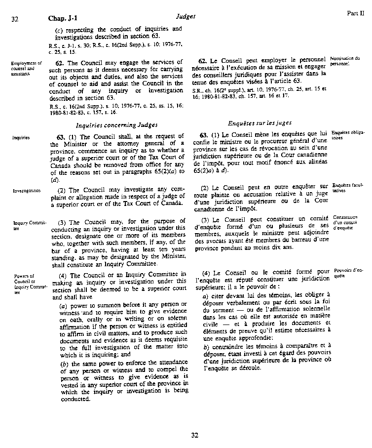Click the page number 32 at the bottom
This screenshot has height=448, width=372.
point(194,435)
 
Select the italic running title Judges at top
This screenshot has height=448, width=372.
point(186,16)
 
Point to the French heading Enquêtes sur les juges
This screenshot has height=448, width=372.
point(260,122)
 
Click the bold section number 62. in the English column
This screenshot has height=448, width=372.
point(60,63)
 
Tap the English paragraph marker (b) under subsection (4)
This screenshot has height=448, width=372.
point(64,364)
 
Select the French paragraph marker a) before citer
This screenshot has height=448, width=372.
point(205,296)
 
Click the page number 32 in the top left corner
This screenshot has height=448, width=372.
point(14,19)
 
